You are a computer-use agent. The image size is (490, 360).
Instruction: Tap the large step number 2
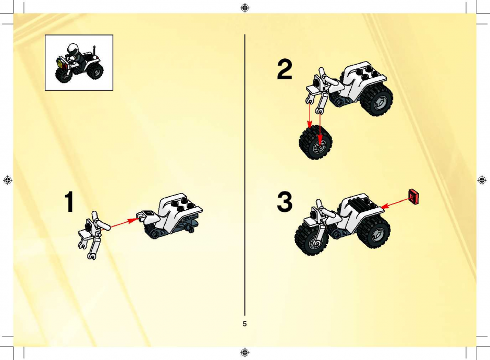[x=285, y=69]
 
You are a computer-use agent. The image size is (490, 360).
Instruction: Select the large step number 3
[x=285, y=202]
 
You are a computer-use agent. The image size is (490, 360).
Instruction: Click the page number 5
[x=244, y=323]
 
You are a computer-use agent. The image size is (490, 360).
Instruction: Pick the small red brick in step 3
[x=414, y=196]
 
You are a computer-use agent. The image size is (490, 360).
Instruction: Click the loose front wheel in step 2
[x=315, y=142]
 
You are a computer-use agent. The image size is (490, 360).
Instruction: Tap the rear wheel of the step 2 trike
[x=376, y=99]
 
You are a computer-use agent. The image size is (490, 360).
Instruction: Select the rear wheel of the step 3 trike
[x=373, y=232]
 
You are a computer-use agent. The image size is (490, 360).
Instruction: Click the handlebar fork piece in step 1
[x=92, y=235]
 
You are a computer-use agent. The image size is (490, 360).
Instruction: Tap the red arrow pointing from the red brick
[x=395, y=202]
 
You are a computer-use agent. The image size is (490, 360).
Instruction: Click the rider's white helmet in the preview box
[x=72, y=49]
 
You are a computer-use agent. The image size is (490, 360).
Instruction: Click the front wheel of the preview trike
[x=64, y=74]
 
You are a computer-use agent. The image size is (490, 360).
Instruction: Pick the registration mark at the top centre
[x=245, y=7]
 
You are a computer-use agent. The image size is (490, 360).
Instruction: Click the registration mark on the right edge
[x=482, y=180]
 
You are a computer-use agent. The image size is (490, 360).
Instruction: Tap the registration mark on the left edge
[x=7, y=180]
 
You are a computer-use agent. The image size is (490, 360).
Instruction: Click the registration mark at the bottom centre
[x=245, y=353]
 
